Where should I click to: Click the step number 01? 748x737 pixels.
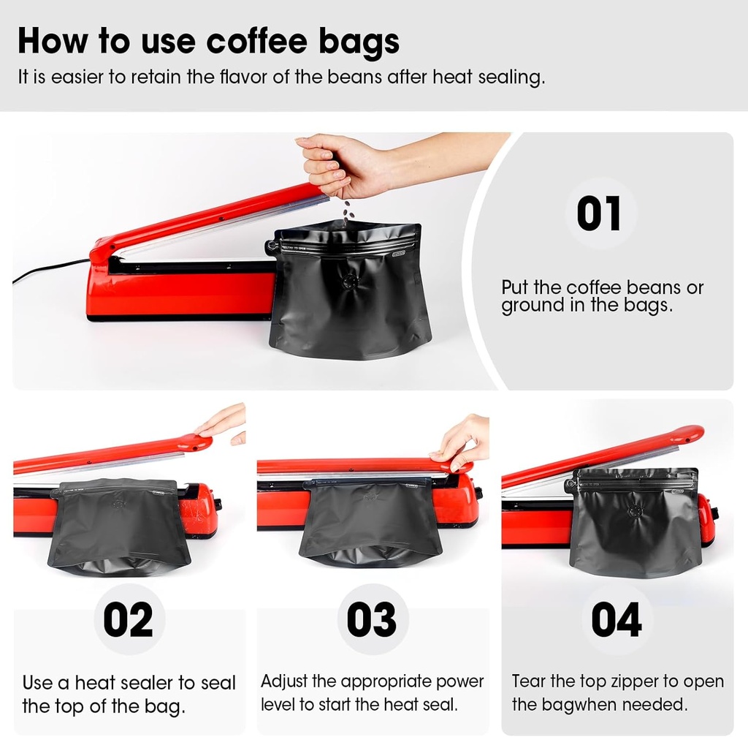point(599,213)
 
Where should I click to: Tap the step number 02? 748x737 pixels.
point(128,619)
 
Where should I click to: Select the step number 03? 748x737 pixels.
point(371,619)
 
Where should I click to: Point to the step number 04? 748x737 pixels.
point(616,619)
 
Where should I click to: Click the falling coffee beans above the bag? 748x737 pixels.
point(349,211)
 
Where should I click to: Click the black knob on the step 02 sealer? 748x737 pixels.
point(218,504)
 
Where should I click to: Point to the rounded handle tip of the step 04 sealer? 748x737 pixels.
point(690,433)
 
